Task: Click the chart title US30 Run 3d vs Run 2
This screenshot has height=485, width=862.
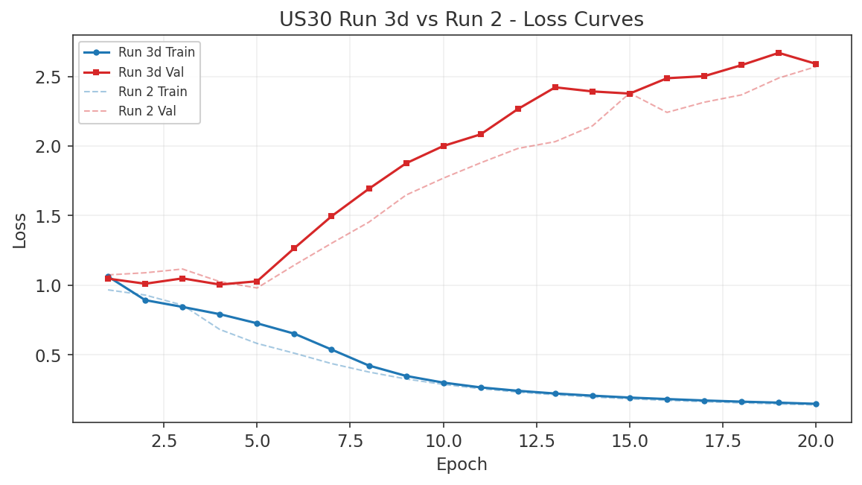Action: [462, 19]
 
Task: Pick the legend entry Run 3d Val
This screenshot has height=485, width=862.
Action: [151, 72]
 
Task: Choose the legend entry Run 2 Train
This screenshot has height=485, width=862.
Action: [153, 92]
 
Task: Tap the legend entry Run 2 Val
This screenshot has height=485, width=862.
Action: [147, 112]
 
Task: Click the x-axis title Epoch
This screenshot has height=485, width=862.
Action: [462, 465]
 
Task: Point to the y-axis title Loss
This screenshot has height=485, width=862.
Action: [20, 230]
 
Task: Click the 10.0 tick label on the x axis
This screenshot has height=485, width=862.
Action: [443, 441]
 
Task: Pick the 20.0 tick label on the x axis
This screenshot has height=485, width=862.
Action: [816, 441]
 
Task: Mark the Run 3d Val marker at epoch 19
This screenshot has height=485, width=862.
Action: [779, 53]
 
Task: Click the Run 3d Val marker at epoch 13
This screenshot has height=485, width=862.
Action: [555, 87]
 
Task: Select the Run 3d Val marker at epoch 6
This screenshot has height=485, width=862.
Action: [294, 248]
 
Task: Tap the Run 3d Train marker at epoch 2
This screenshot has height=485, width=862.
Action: [145, 300]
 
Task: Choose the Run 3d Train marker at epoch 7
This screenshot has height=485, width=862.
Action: [331, 349]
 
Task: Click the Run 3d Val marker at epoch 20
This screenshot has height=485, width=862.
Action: [816, 64]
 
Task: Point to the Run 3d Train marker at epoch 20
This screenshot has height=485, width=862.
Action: [816, 404]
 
